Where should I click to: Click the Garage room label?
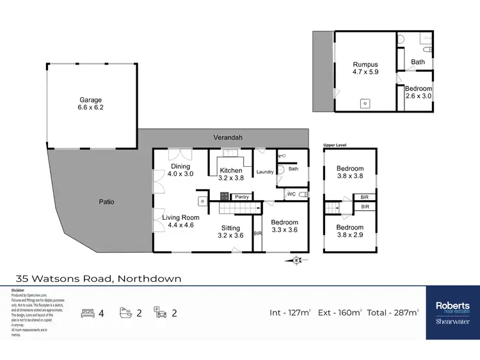(x=90, y=104)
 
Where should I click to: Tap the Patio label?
(x=106, y=201)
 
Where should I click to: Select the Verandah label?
(x=229, y=137)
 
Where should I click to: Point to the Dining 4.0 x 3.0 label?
(x=180, y=170)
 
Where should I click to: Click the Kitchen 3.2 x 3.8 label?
(x=231, y=174)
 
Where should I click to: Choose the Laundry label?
(x=265, y=172)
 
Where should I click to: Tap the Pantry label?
(x=241, y=197)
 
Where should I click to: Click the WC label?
(x=291, y=193)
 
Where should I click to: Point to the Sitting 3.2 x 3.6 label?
(x=230, y=231)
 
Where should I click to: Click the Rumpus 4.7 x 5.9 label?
(x=365, y=68)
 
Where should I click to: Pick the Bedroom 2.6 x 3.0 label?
(x=419, y=92)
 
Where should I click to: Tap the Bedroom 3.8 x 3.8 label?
(x=350, y=173)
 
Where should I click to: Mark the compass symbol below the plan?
(x=296, y=260)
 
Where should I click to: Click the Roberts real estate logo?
(x=452, y=313)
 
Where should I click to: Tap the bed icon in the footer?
(x=88, y=313)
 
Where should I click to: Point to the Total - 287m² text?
(x=391, y=313)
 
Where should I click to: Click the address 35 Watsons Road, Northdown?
(x=99, y=278)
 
